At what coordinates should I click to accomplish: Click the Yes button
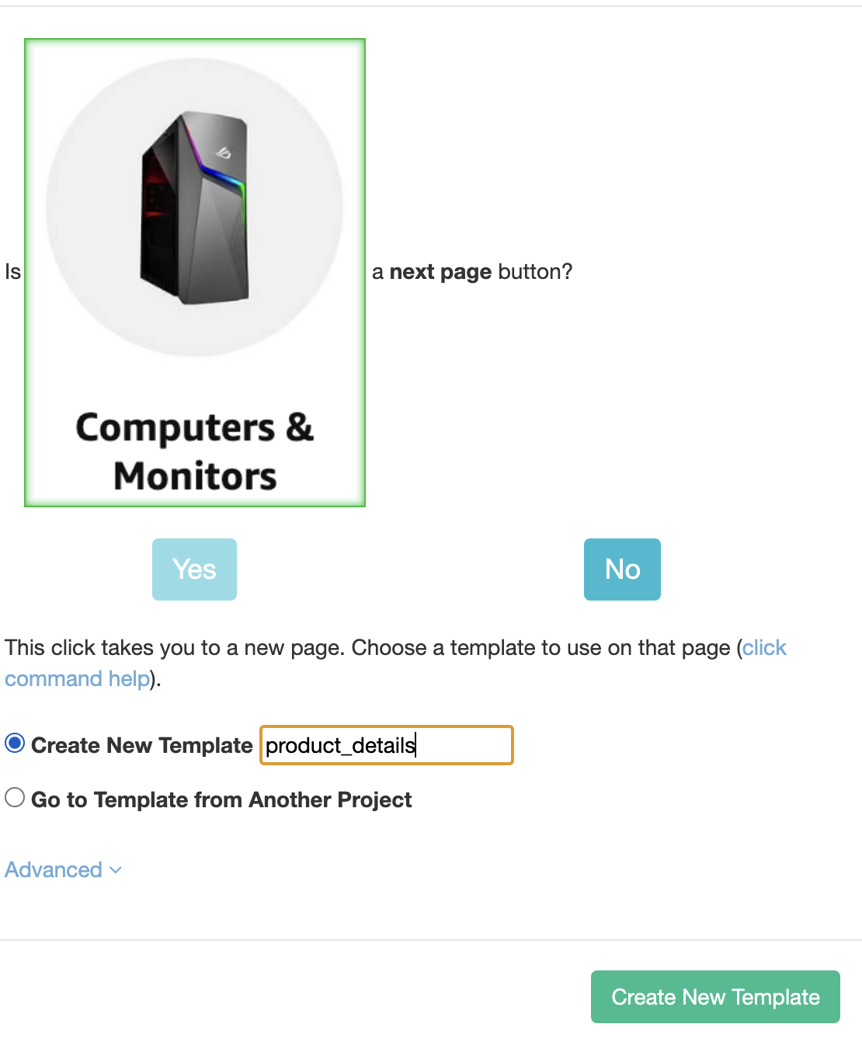pyautogui.click(x=194, y=570)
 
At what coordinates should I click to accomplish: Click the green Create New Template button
pyautogui.click(x=715, y=997)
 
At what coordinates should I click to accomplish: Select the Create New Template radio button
pyautogui.click(x=15, y=744)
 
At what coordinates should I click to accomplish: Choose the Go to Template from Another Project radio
pyautogui.click(x=15, y=798)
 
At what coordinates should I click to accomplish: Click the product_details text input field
pyautogui.click(x=386, y=745)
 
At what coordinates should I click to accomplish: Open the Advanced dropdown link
pyautogui.click(x=54, y=869)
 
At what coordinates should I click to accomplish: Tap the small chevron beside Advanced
pyautogui.click(x=116, y=870)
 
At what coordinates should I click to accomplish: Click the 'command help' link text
pyautogui.click(x=77, y=679)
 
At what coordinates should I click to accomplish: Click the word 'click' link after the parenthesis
pyautogui.click(x=764, y=648)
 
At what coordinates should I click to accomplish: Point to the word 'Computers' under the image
pyautogui.click(x=175, y=428)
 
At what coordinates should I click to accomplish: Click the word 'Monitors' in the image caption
pyautogui.click(x=195, y=476)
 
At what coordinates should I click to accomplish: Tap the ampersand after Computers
pyautogui.click(x=300, y=427)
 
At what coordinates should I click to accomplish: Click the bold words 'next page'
pyautogui.click(x=440, y=272)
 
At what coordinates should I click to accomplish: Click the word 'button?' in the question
pyautogui.click(x=535, y=272)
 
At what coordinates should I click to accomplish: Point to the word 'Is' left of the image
pyautogui.click(x=12, y=272)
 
